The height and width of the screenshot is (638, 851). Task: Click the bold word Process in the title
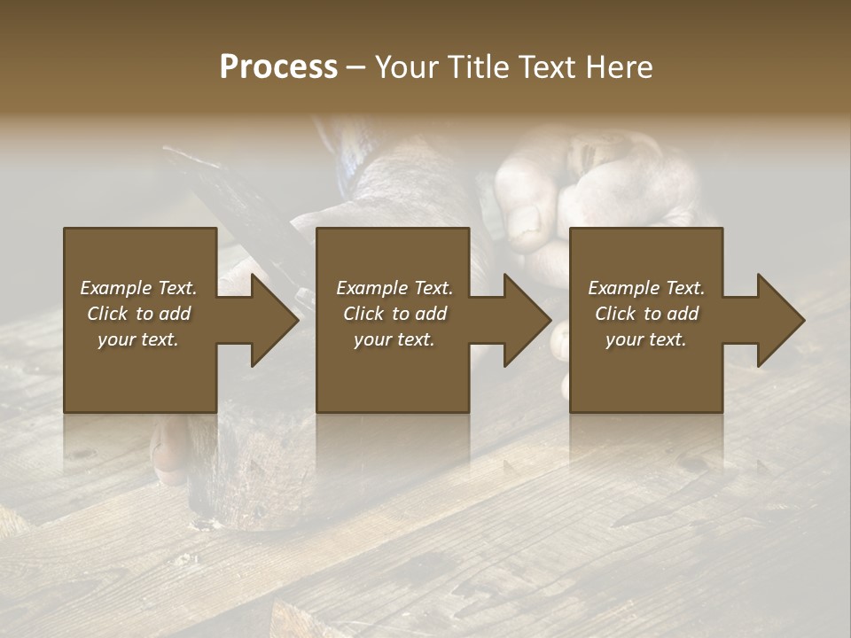[278, 67]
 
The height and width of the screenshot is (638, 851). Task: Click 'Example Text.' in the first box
[138, 288]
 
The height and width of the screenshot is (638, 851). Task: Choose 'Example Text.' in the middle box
[394, 288]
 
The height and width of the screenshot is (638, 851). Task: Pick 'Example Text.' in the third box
[646, 288]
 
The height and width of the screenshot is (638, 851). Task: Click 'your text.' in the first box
[138, 339]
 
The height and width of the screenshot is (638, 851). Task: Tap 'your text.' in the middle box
[394, 339]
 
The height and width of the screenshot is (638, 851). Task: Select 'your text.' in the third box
[646, 339]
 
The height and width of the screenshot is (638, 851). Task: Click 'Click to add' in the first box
[138, 314]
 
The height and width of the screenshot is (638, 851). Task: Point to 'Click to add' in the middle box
[394, 314]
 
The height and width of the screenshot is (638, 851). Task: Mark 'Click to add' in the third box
[646, 314]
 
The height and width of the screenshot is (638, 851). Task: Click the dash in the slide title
[356, 68]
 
